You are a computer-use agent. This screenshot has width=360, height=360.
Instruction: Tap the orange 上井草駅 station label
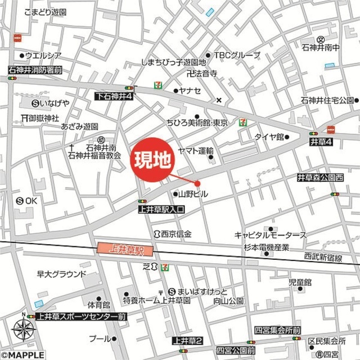[120, 247]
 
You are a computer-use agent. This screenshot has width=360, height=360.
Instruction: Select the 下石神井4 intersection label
[113, 97]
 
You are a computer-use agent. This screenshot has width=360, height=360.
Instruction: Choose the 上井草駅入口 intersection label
[161, 209]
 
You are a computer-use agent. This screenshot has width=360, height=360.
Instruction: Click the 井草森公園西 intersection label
[320, 177]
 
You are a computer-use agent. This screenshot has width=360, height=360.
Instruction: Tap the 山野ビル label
[192, 194]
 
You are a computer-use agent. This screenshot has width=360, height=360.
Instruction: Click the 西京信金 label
[175, 233]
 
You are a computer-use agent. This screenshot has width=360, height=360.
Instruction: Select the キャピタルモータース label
[270, 235]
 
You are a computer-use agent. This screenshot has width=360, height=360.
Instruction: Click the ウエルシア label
[43, 56]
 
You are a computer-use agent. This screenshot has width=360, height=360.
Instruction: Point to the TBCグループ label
[236, 55]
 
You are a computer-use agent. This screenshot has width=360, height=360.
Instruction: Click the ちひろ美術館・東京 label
[196, 123]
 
